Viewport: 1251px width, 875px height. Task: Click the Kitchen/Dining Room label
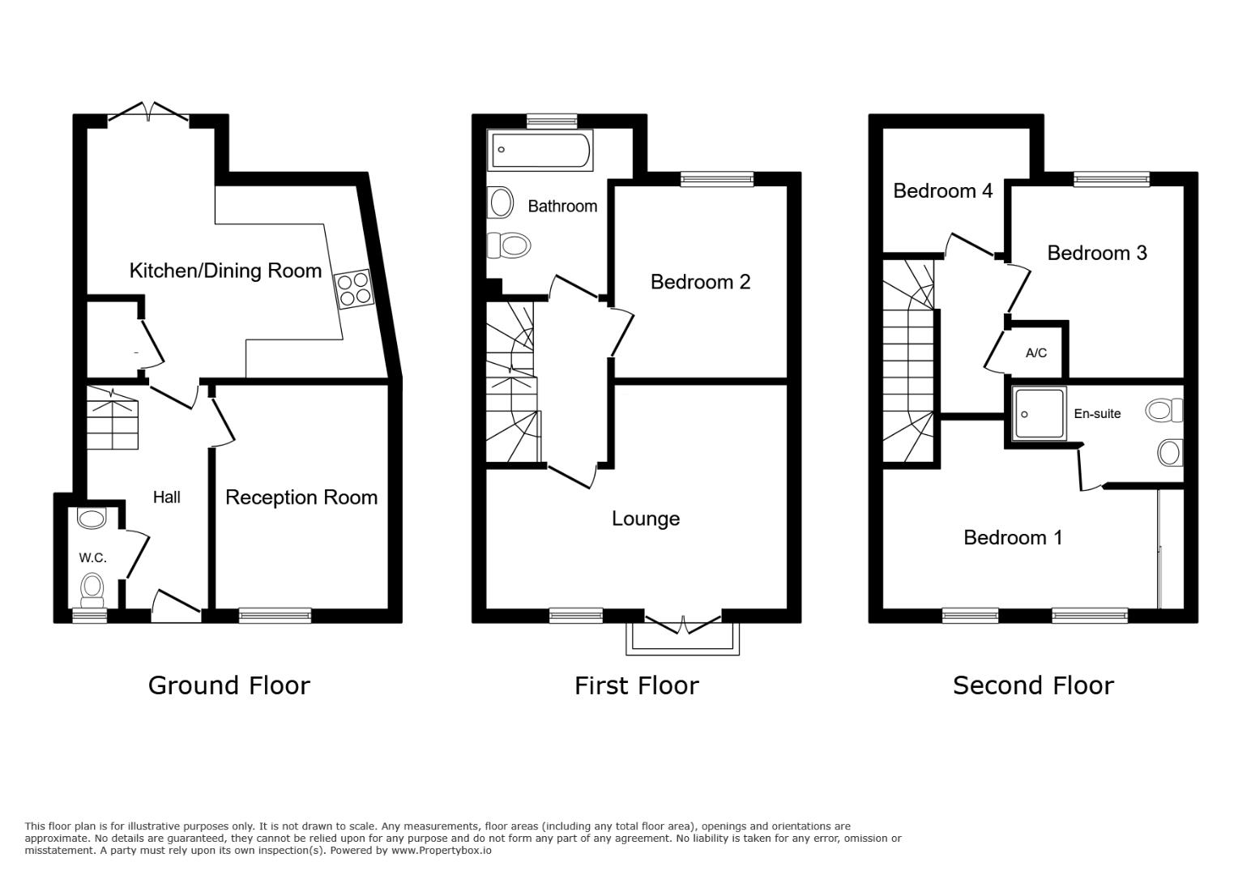click(x=225, y=271)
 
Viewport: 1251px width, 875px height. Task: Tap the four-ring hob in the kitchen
click(x=352, y=289)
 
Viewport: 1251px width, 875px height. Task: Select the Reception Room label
click(x=301, y=497)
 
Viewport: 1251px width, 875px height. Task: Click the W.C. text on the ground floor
click(x=92, y=557)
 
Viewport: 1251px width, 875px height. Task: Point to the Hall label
click(x=167, y=497)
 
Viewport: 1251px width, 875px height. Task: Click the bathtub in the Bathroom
click(x=540, y=150)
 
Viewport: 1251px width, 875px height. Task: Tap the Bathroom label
click(x=562, y=207)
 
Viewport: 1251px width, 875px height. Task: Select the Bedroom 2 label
click(x=700, y=282)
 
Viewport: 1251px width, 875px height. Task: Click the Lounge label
click(x=646, y=519)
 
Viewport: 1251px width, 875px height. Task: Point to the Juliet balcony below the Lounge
click(x=682, y=639)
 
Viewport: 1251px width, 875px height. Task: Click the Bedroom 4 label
click(x=942, y=191)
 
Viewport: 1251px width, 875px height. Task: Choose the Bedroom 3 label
click(x=1097, y=254)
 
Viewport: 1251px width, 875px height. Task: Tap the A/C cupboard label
click(x=1036, y=353)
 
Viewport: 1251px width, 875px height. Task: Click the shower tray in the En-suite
click(x=1039, y=413)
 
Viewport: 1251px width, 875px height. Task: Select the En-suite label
click(x=1097, y=414)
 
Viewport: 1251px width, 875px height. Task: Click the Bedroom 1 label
click(x=1013, y=538)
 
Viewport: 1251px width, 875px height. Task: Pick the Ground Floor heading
click(x=229, y=686)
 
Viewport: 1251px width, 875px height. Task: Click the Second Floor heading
click(x=1033, y=686)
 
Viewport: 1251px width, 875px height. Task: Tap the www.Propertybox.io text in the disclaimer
click(x=442, y=851)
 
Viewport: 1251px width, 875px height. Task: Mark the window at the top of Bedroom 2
click(x=716, y=179)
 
